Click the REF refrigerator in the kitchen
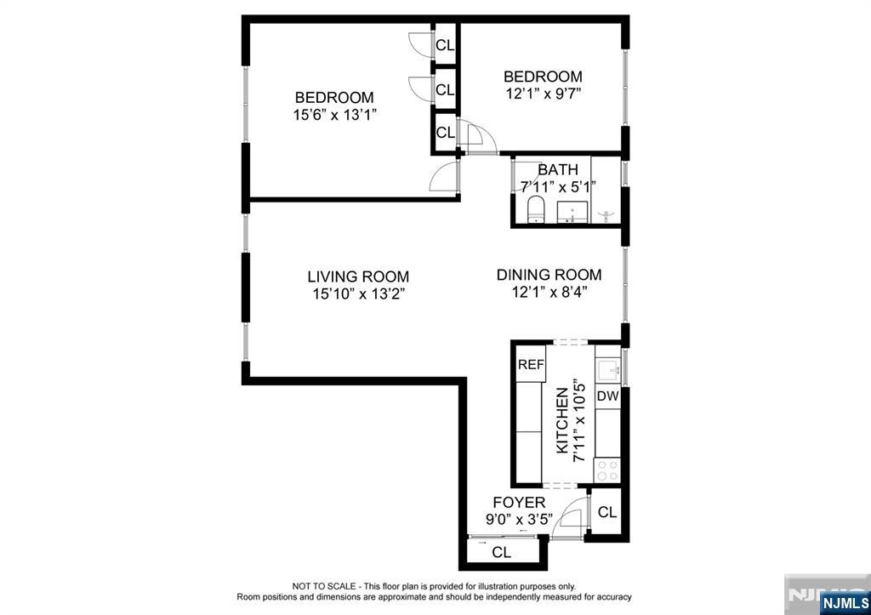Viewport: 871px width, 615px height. [x=531, y=364]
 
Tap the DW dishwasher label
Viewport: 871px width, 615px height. [x=607, y=396]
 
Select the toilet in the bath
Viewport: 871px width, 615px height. [x=536, y=209]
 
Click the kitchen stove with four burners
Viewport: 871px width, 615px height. [x=607, y=471]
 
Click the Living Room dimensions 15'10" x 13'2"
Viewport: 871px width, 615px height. [x=358, y=293]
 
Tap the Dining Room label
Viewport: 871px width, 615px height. [x=549, y=275]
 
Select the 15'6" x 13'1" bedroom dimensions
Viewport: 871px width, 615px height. [x=335, y=115]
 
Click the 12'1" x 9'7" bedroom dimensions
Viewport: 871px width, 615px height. [x=544, y=94]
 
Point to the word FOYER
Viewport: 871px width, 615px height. [x=520, y=503]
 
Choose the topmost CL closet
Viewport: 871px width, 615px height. [x=445, y=46]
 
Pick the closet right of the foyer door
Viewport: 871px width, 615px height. [x=607, y=512]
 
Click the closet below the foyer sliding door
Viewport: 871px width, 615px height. [x=502, y=552]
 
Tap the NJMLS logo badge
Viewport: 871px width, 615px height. [x=845, y=603]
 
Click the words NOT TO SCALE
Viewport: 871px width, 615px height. [x=322, y=586]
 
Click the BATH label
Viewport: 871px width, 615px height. [x=558, y=169]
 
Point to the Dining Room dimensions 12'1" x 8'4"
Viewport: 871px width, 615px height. [x=549, y=293]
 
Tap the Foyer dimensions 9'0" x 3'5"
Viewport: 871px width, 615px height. [x=520, y=521]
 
